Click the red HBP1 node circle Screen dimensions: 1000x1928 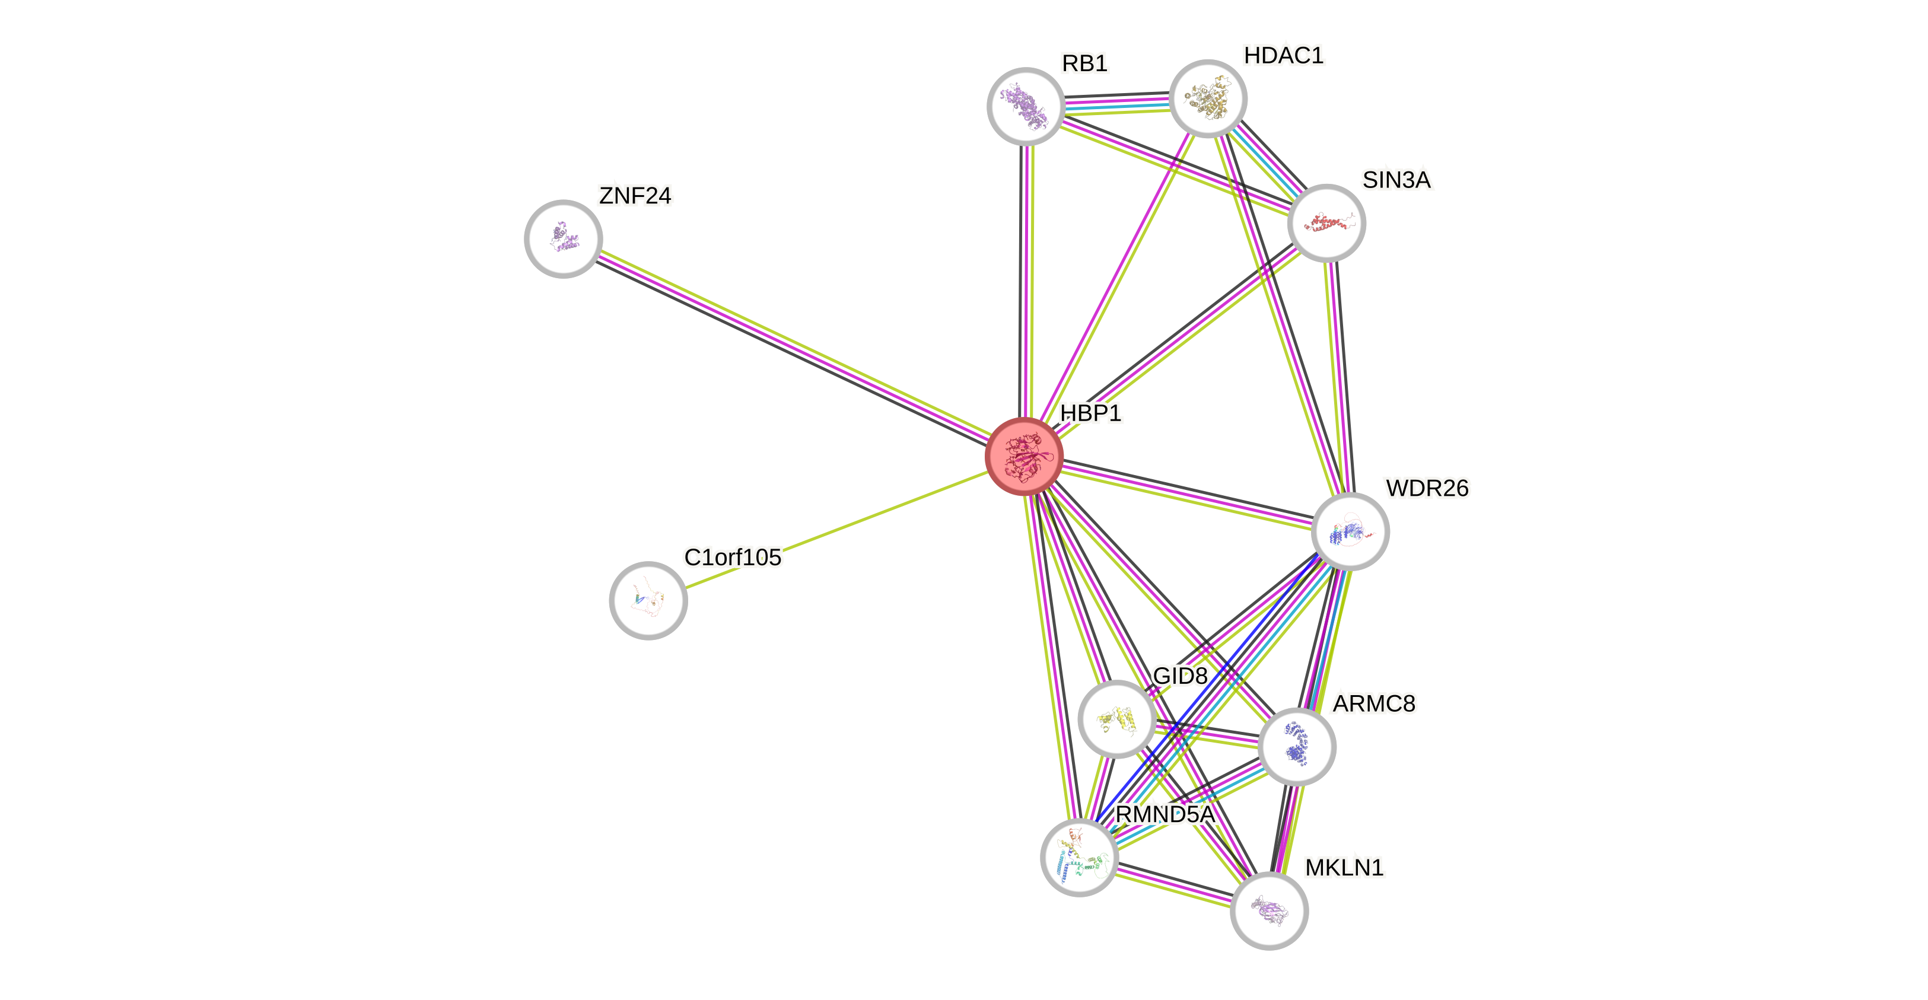point(1024,456)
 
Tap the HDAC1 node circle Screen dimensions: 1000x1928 point(1207,98)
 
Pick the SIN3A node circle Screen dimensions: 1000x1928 point(1326,223)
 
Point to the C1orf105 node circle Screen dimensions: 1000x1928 point(648,600)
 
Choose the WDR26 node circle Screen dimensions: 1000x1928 point(1350,531)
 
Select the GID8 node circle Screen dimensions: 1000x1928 point(1116,718)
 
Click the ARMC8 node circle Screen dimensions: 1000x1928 point(1296,746)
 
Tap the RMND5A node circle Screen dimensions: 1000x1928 point(1079,857)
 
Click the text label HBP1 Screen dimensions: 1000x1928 point(1090,413)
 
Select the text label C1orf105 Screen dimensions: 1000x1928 point(733,557)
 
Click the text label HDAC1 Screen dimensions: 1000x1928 point(1284,55)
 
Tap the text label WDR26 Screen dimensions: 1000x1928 point(1427,488)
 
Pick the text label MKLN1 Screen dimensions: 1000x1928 point(1344,868)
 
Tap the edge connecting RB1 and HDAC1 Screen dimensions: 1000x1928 point(1116,103)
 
